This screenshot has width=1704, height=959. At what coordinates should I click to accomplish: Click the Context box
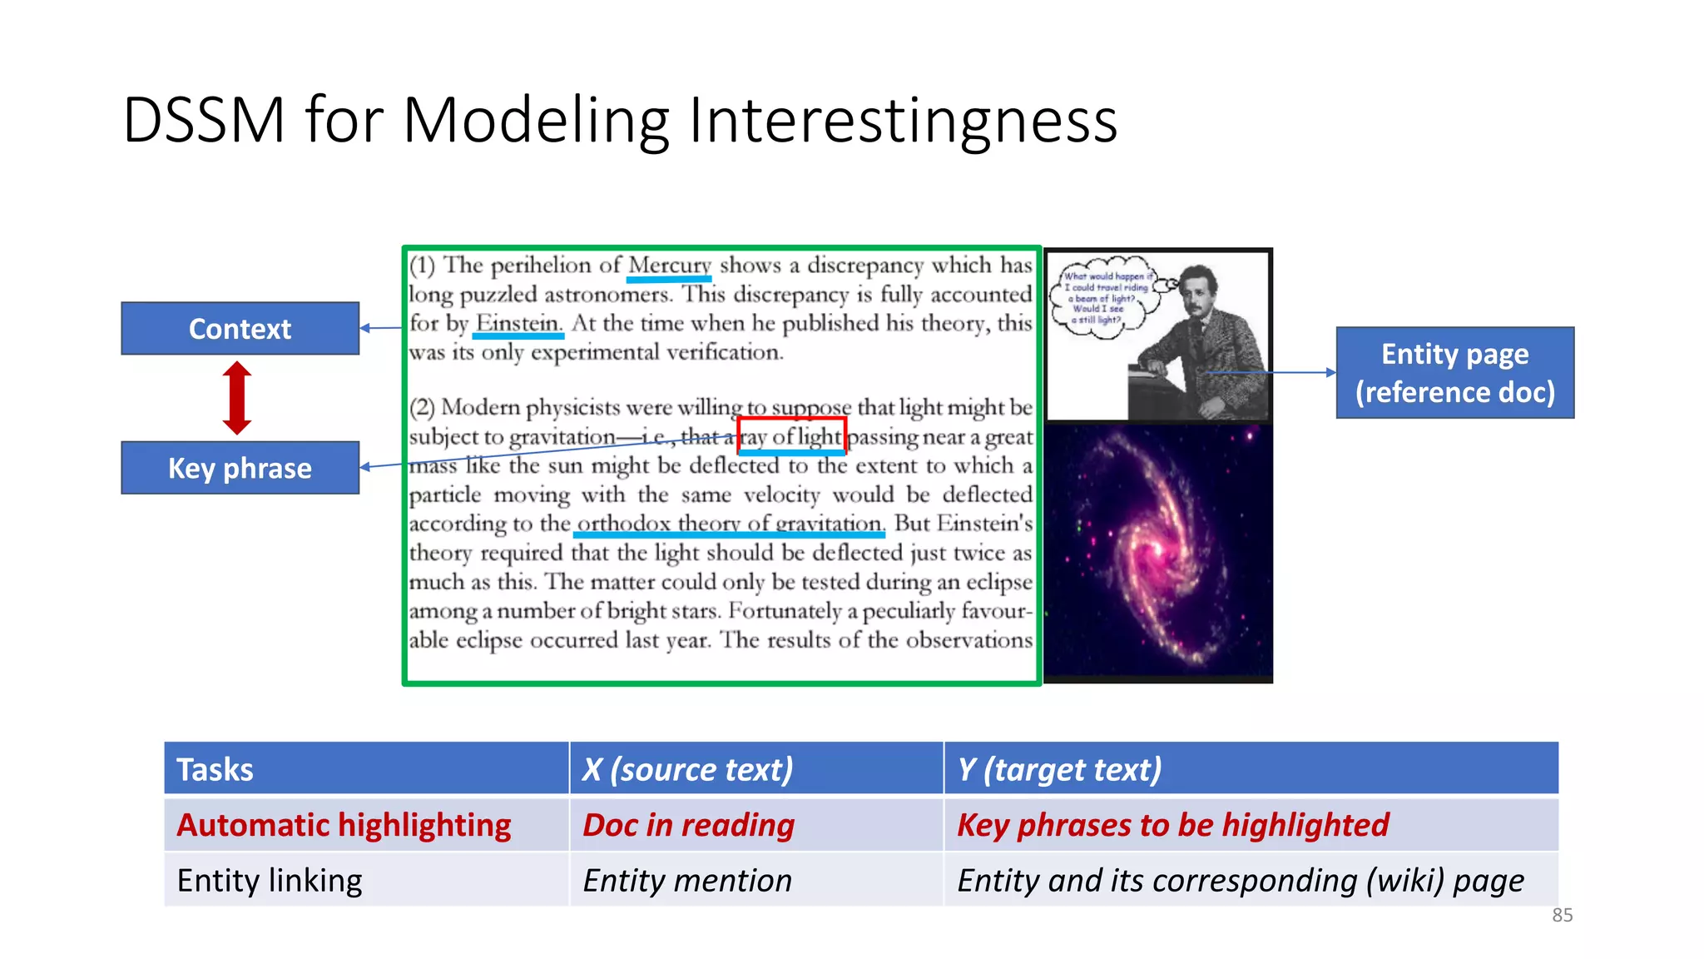(240, 329)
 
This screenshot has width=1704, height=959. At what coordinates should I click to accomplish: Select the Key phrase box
(240, 468)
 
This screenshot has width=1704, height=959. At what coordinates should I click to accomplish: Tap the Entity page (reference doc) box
(1454, 373)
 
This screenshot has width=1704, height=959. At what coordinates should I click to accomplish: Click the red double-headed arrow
(237, 398)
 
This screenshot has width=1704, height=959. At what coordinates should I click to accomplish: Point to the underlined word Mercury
(669, 266)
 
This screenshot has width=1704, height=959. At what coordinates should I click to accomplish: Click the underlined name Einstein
(518, 324)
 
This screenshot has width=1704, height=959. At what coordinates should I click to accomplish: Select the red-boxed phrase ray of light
(791, 436)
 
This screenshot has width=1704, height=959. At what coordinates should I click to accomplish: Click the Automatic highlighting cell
(344, 825)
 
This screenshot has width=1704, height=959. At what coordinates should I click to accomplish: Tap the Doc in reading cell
(688, 825)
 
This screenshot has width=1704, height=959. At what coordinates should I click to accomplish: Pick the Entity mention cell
(686, 880)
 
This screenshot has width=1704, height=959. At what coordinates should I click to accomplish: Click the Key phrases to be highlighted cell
(1172, 825)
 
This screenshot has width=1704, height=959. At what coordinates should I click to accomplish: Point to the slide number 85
(1562, 915)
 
